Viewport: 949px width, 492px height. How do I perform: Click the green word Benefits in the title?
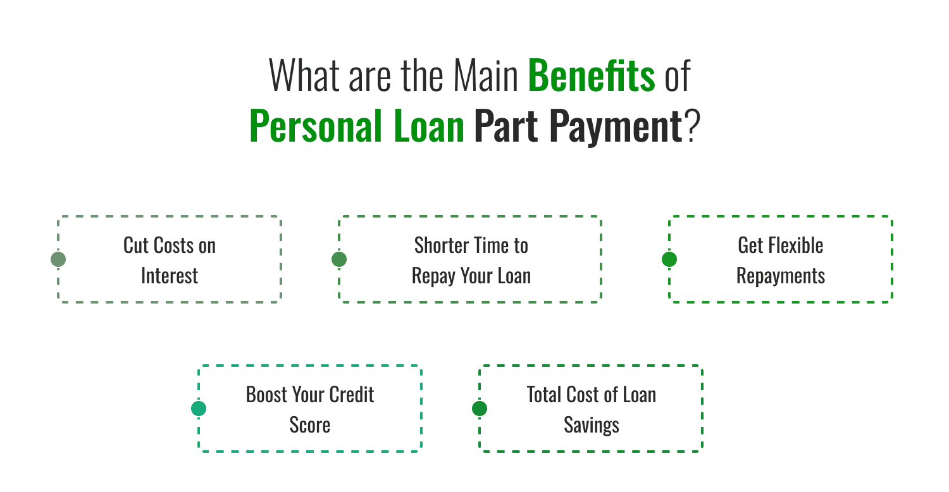click(x=591, y=75)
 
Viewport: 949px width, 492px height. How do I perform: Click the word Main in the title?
click(x=486, y=75)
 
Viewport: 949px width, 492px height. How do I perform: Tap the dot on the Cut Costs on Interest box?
click(x=58, y=259)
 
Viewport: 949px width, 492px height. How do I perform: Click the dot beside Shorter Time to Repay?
click(x=339, y=259)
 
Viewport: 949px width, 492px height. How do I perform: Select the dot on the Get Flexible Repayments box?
click(x=669, y=259)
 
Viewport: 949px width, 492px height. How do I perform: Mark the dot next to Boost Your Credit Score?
click(x=199, y=409)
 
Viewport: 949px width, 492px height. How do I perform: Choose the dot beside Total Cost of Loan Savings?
click(x=480, y=409)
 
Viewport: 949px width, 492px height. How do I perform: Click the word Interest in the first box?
click(x=170, y=276)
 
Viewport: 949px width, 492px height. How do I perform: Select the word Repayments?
click(x=781, y=276)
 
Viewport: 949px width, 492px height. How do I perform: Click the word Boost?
click(x=266, y=395)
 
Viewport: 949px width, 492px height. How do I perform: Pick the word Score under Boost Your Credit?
click(x=310, y=425)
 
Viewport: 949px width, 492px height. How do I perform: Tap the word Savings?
click(x=592, y=425)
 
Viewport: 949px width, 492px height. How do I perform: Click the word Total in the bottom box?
click(x=544, y=395)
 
